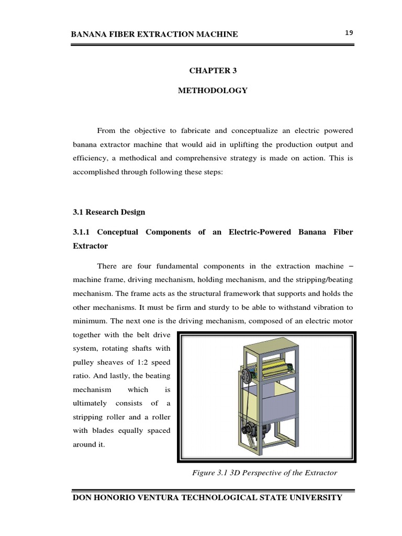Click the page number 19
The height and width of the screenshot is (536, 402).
click(x=349, y=33)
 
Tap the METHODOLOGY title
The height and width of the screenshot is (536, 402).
click(x=212, y=91)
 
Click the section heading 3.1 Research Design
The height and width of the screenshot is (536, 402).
click(x=108, y=212)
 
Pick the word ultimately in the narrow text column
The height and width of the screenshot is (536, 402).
click(x=90, y=403)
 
